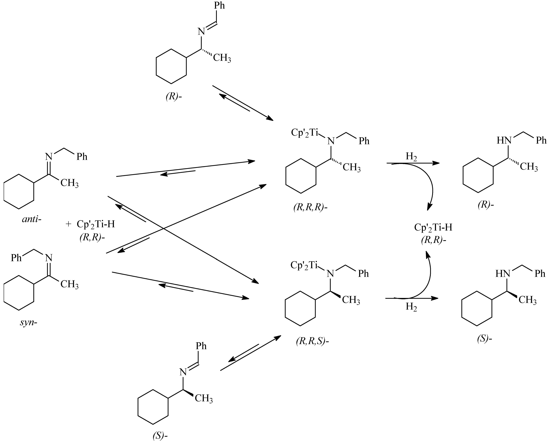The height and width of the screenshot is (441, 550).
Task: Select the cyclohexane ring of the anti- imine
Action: click(19, 192)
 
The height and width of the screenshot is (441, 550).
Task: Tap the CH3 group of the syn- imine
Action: click(69, 284)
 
